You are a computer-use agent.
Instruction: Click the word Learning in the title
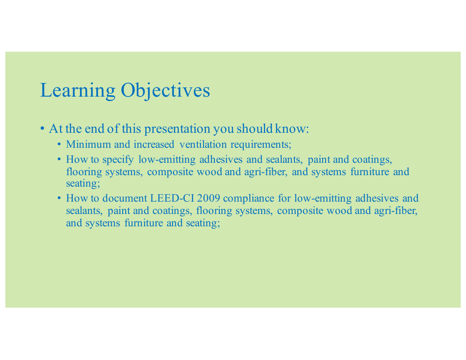tap(78, 90)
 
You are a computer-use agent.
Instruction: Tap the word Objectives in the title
tap(165, 90)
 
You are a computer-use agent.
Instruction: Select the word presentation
tap(177, 129)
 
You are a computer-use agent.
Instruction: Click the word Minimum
tap(88, 144)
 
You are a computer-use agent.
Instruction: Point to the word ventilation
tap(203, 144)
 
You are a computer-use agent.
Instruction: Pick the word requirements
tap(261, 145)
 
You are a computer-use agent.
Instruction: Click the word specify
tap(118, 160)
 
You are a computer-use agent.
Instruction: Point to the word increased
tap(154, 144)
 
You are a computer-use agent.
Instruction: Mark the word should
tap(255, 129)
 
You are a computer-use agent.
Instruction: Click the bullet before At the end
tap(42, 129)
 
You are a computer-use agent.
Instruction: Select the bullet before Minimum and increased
tap(60, 144)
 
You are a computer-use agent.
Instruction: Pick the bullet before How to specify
tap(60, 160)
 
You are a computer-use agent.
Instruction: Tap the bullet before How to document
tap(60, 198)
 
